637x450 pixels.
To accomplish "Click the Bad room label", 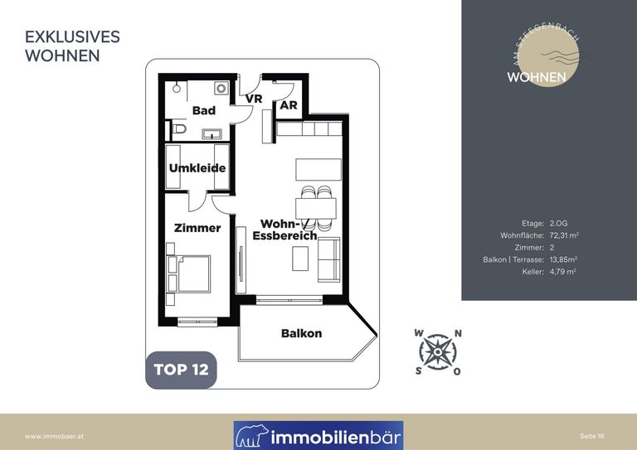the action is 204,110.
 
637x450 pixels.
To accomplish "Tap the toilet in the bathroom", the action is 178,129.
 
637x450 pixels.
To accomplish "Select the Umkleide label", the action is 197,168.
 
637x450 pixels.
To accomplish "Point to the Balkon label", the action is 301,333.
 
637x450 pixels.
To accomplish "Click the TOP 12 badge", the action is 181,370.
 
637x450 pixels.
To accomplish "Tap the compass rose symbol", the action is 438,352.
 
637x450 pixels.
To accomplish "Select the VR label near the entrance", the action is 254,99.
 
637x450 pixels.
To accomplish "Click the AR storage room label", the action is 289,105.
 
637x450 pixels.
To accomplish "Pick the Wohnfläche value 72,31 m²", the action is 564,235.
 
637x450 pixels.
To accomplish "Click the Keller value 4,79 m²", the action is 562,272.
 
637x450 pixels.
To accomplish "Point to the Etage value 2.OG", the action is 558,223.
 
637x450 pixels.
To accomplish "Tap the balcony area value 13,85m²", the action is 563,259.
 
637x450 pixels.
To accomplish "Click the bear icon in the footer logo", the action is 252,436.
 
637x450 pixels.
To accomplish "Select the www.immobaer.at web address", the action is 54,437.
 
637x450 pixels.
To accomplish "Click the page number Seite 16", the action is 592,436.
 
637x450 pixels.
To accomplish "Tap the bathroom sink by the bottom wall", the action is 212,134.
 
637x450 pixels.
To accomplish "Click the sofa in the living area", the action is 328,259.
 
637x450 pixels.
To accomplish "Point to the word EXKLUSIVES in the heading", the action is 72,37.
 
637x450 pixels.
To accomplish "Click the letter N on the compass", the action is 458,333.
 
